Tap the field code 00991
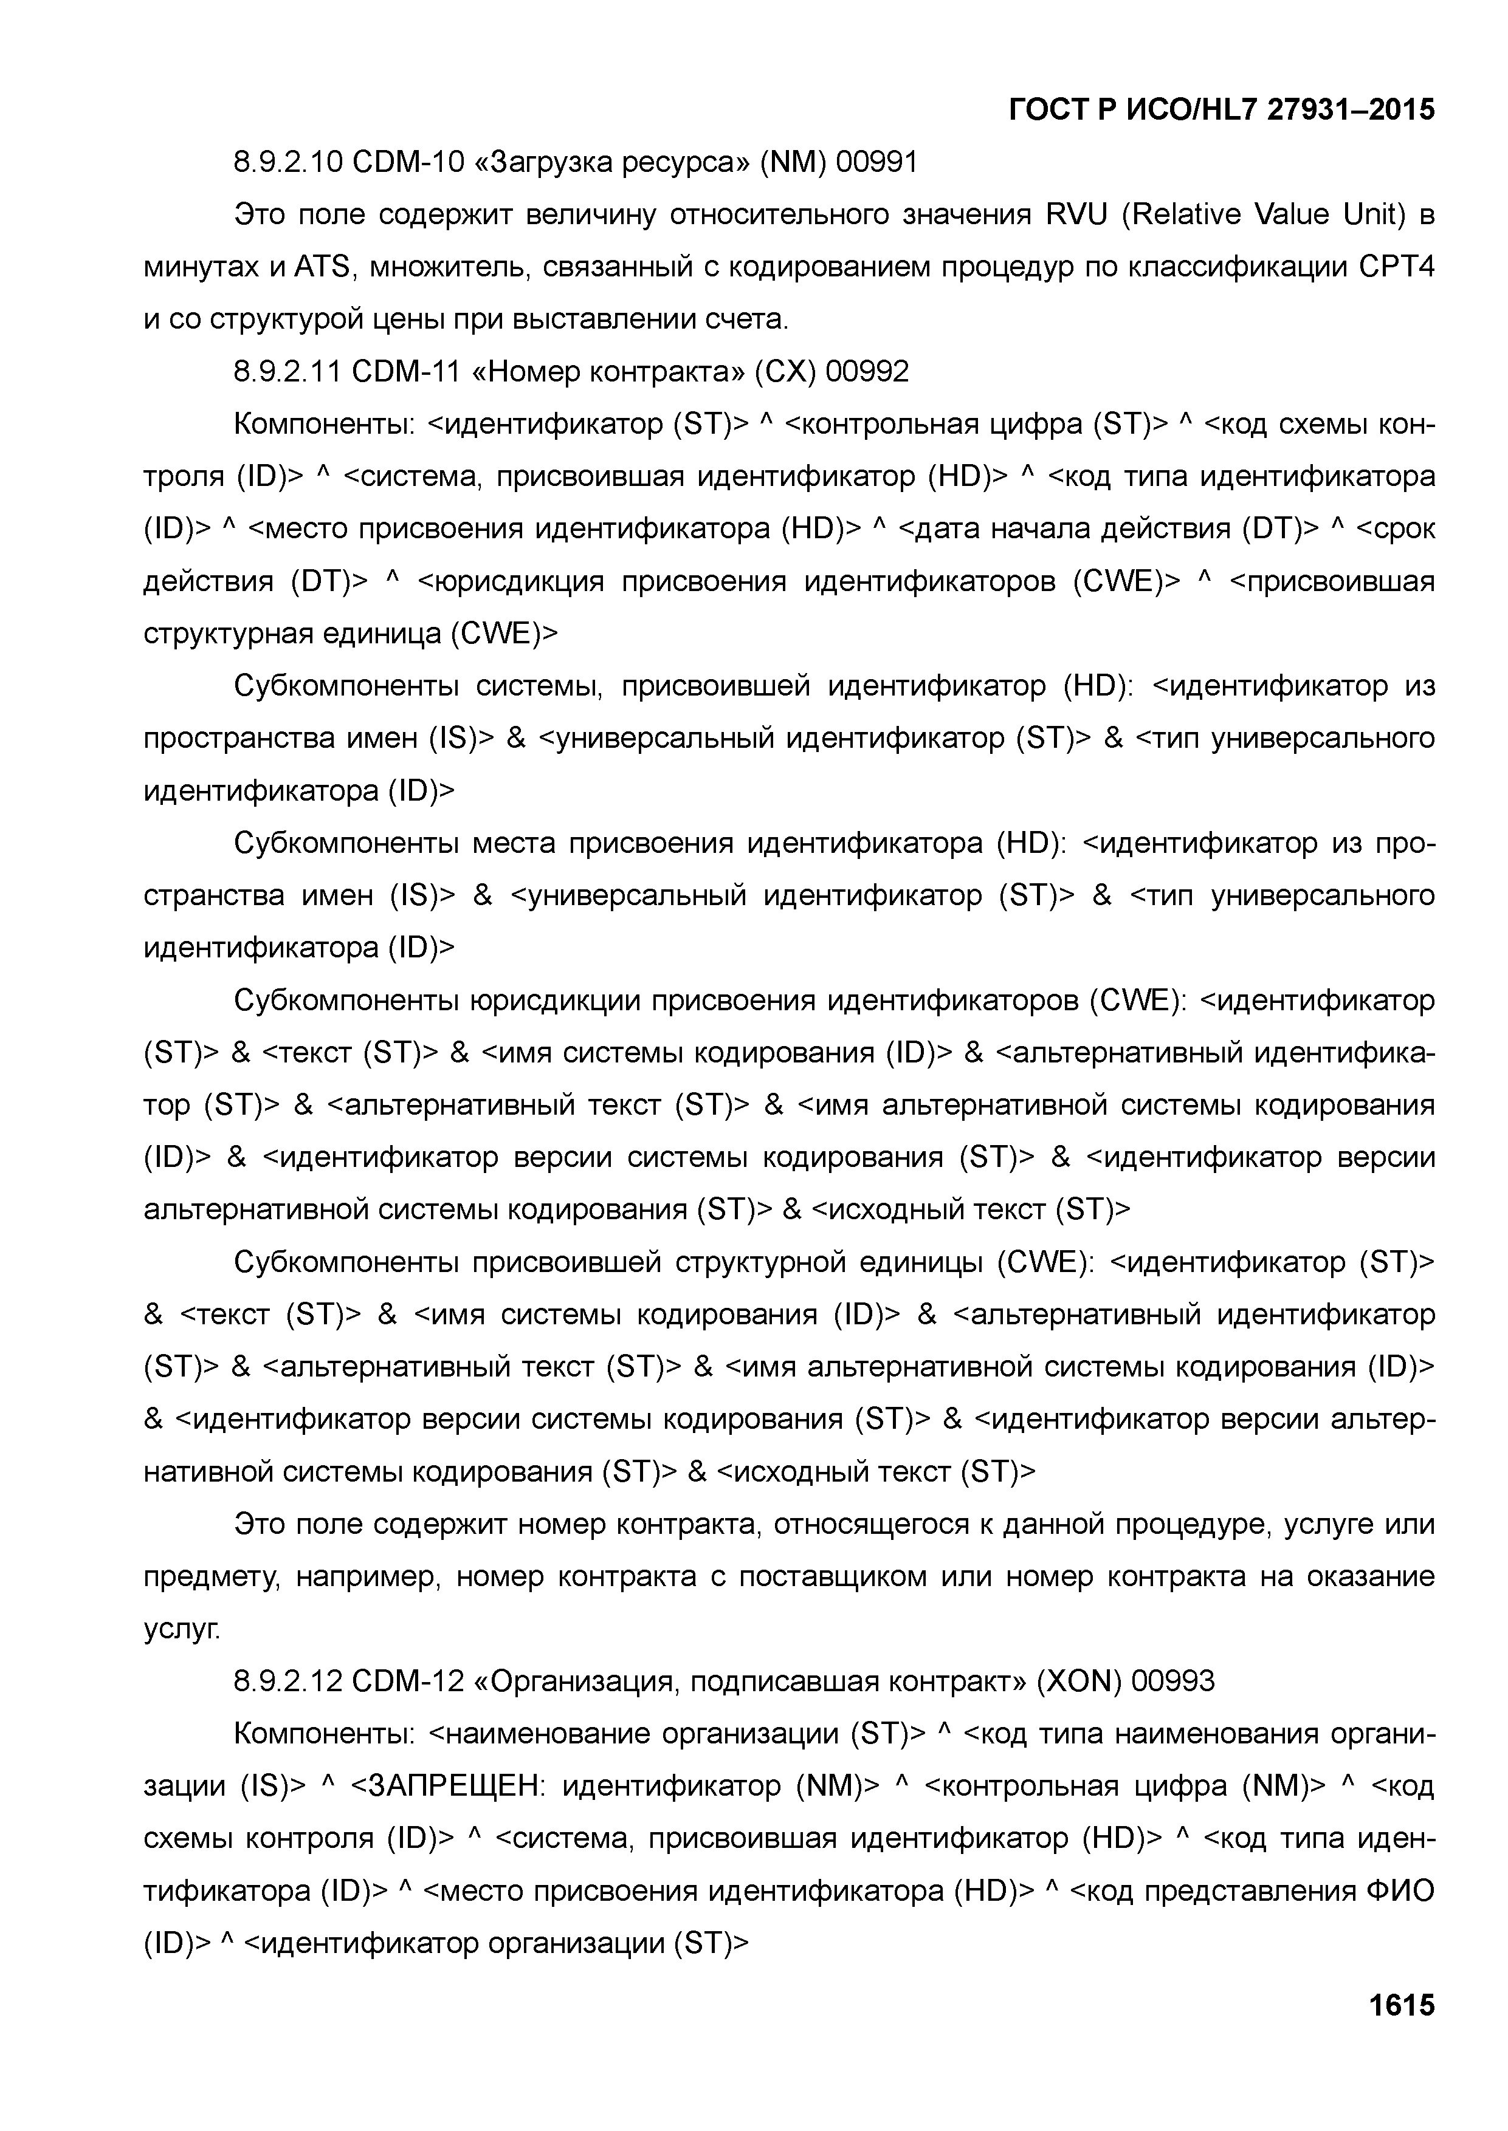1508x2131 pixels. click(876, 163)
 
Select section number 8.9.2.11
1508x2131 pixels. click(287, 372)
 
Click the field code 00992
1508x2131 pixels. click(867, 372)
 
